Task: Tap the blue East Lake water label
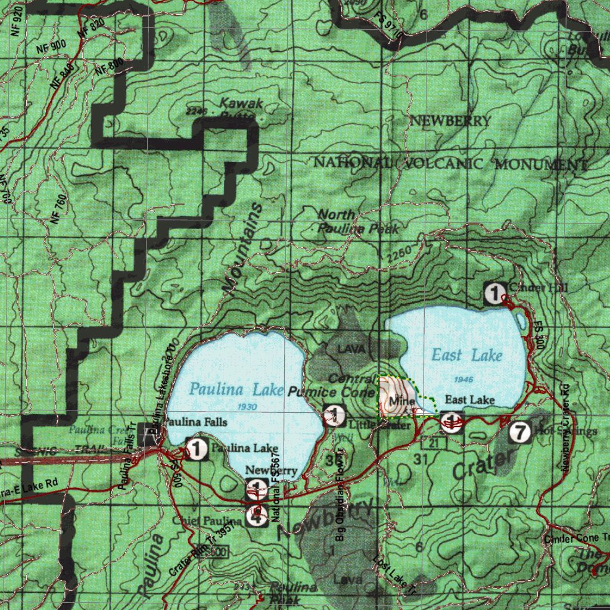(466, 355)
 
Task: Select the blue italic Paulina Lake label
(236, 390)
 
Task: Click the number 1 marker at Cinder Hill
(494, 292)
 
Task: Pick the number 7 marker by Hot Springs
(520, 432)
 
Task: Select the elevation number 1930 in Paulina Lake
(246, 406)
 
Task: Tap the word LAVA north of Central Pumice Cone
(350, 349)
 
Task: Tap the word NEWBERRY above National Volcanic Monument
(450, 122)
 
